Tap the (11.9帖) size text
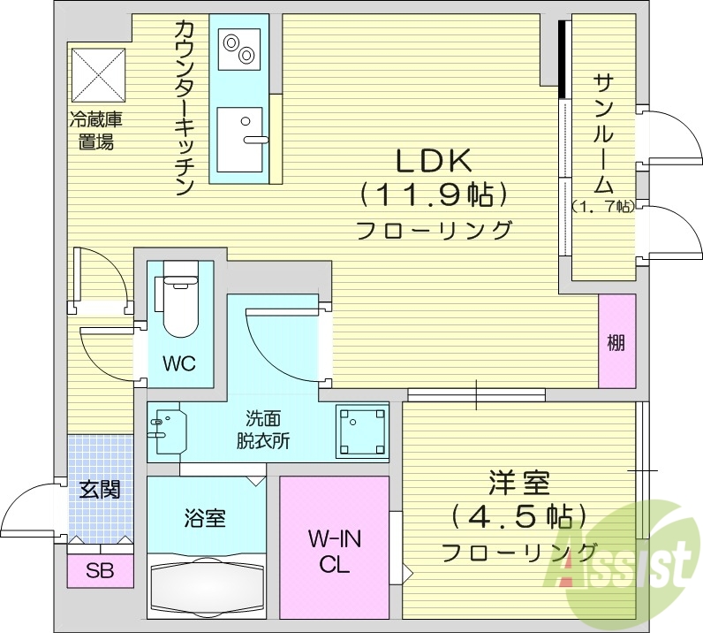pyautogui.click(x=433, y=194)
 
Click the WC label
pyautogui.click(x=178, y=363)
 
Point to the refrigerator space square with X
pyautogui.click(x=99, y=73)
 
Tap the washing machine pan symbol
pyautogui.click(x=362, y=431)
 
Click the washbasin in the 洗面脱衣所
pyautogui.click(x=167, y=430)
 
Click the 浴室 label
pyautogui.click(x=205, y=518)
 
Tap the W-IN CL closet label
pyautogui.click(x=335, y=550)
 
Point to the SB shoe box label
pyautogui.click(x=100, y=571)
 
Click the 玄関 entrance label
pyautogui.click(x=99, y=489)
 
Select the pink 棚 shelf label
pyautogui.click(x=616, y=342)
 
